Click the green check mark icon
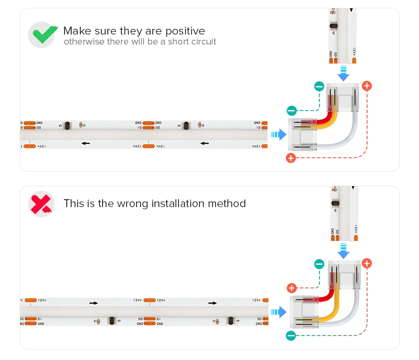[x=42, y=35]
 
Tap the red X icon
[x=41, y=204]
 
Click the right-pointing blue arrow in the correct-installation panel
[x=278, y=135]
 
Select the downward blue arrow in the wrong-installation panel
[x=343, y=252]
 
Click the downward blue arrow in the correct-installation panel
[x=343, y=73]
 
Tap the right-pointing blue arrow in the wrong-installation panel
[x=278, y=312]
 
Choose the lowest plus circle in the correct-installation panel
[x=291, y=158]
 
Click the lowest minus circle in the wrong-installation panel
[x=291, y=336]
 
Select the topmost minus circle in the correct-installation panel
[x=319, y=86]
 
